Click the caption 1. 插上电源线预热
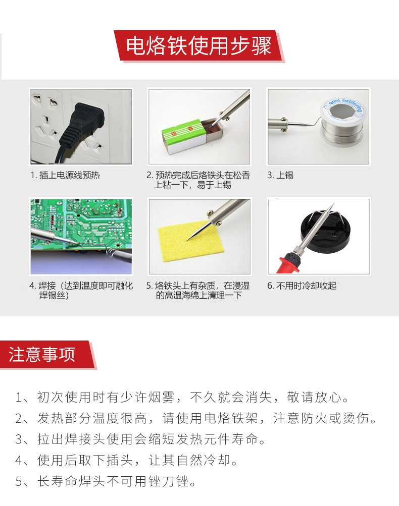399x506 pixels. click(x=66, y=176)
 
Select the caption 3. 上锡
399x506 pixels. click(x=281, y=176)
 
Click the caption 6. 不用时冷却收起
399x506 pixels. click(x=302, y=286)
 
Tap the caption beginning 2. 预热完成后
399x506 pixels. click(x=198, y=180)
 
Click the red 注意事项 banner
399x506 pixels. click(x=43, y=354)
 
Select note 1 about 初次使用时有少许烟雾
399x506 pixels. click(x=182, y=397)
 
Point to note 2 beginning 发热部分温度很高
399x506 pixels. click(x=196, y=418)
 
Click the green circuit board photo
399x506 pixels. click(x=81, y=236)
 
